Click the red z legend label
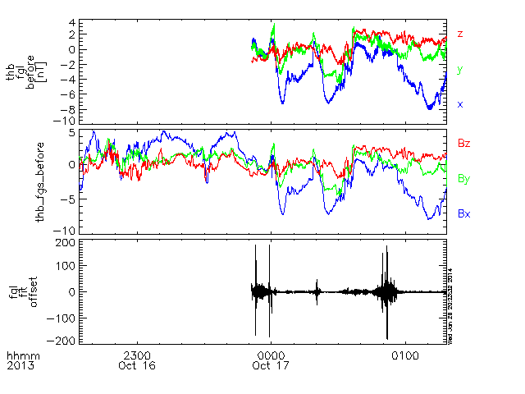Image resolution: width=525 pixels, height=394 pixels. pos(460,34)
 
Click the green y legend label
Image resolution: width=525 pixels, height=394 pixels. pos(459,70)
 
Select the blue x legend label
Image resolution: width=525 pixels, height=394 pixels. pos(460,104)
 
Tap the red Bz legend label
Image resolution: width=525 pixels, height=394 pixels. pos(463,143)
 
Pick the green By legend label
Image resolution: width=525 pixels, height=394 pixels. pos(463,177)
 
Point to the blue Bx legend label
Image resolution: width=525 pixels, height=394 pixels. pos(463,213)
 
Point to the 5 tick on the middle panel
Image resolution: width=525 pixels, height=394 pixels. pos(72,131)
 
